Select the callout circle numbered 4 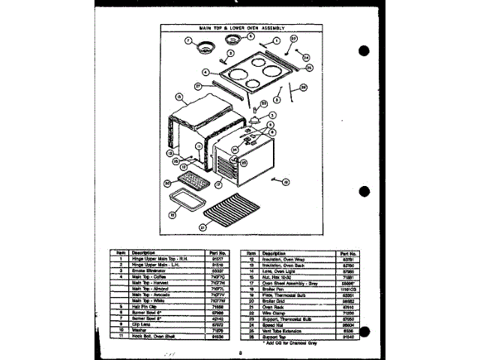(x=204, y=72)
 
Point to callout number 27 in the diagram (x=198, y=86)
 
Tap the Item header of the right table (x=251, y=253)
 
